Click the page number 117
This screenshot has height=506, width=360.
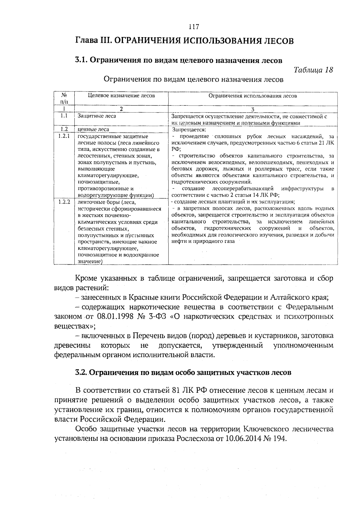tap(194, 27)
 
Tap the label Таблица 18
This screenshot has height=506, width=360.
tap(313, 70)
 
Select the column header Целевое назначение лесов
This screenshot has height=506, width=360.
tap(121, 96)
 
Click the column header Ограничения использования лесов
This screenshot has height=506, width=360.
tap(253, 96)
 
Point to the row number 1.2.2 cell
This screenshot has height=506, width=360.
tap(64, 202)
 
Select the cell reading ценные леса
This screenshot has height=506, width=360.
tap(93, 129)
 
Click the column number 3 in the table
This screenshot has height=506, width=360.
tap(253, 109)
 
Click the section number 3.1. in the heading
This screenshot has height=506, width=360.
tap(81, 60)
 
